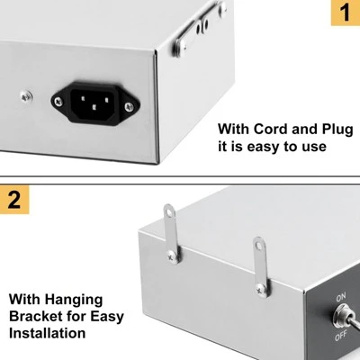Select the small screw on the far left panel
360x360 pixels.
point(23,92)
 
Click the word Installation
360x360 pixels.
point(48,332)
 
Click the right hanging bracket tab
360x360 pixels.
point(260,257)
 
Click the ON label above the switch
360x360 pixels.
point(340,297)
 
